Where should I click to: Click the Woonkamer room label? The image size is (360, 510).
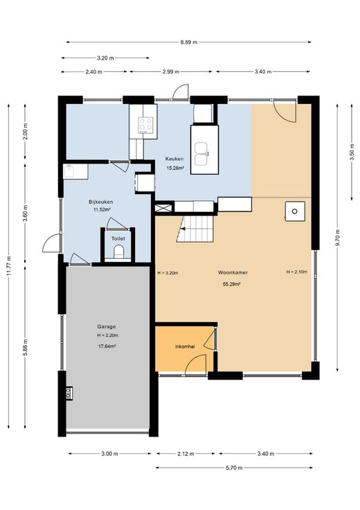pos(233,272)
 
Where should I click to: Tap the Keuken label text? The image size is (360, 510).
pos(174,159)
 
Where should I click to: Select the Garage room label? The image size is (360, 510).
pos(106,326)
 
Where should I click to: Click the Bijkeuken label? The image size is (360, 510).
pos(100,202)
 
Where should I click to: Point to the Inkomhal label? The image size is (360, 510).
pos(185,346)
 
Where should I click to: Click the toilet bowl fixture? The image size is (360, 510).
pos(118,252)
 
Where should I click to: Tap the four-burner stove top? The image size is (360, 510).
pos(145,125)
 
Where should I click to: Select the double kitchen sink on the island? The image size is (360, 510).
pos(201,153)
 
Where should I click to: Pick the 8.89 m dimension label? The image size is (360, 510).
pos(189,42)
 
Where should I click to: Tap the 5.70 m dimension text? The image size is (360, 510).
pos(234,468)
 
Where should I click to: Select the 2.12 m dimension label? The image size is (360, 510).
pos(186,454)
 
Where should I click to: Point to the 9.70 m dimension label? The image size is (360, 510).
pos(338,238)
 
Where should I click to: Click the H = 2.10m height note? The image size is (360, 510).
pos(296,272)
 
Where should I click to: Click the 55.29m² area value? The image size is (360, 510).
pos(231,284)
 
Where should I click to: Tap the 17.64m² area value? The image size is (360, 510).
pos(107,346)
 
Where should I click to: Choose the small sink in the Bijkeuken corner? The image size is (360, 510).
pos(70,171)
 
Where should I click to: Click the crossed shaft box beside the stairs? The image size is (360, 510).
pos(163,208)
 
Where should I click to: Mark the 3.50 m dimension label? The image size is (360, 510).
pos(352,152)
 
